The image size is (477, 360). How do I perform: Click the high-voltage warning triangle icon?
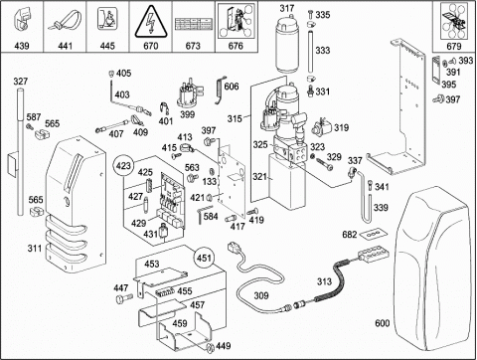[150, 21]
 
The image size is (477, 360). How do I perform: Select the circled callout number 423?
[123, 165]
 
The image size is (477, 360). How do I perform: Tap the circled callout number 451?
[204, 258]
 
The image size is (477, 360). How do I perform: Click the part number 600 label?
[382, 323]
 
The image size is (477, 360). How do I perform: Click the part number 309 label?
[261, 295]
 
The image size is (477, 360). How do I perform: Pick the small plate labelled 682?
[373, 234]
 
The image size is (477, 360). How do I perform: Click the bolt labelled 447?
[124, 298]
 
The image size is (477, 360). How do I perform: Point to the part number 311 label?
[35, 248]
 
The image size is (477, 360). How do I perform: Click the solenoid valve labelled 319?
[322, 126]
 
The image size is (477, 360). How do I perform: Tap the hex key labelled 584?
[201, 214]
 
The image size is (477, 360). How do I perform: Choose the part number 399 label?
[188, 114]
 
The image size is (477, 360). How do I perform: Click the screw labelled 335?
[310, 14]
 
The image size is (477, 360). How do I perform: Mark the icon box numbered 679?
[454, 27]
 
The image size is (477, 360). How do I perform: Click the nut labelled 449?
[210, 347]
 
